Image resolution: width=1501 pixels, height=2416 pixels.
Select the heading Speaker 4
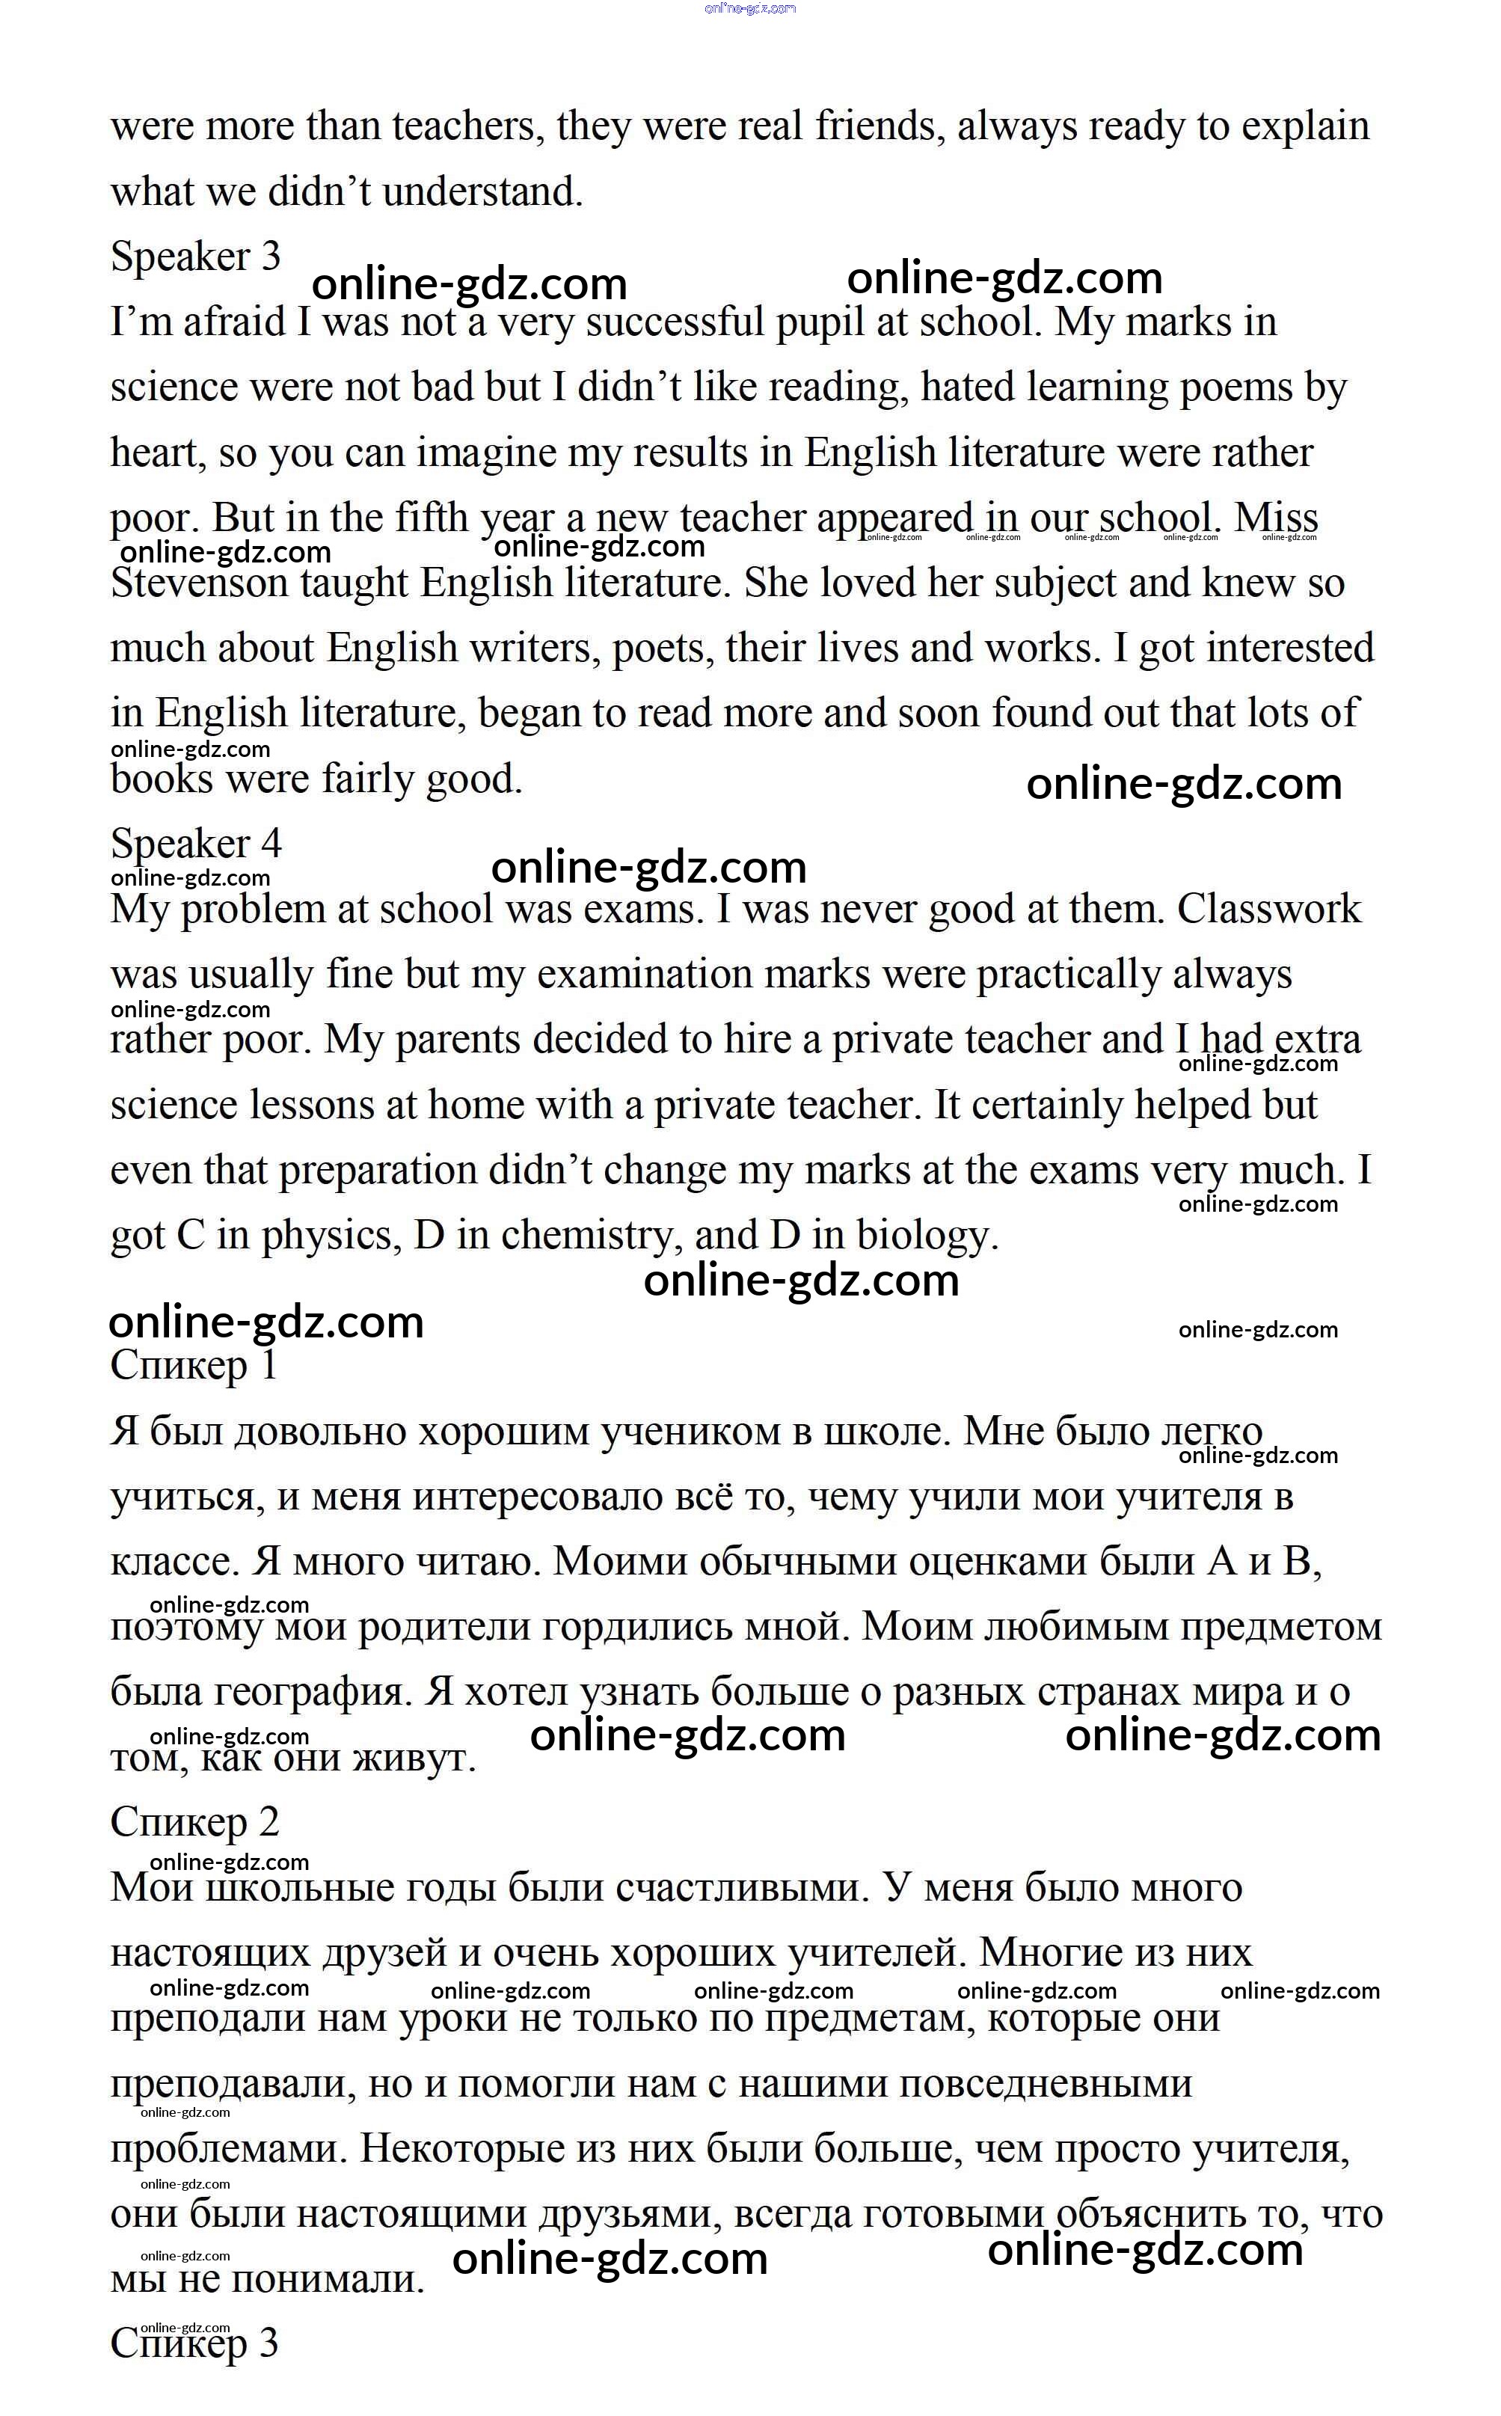[195, 844]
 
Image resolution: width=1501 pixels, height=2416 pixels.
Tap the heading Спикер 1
[194, 1366]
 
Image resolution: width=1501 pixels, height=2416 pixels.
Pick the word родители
[461, 1627]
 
